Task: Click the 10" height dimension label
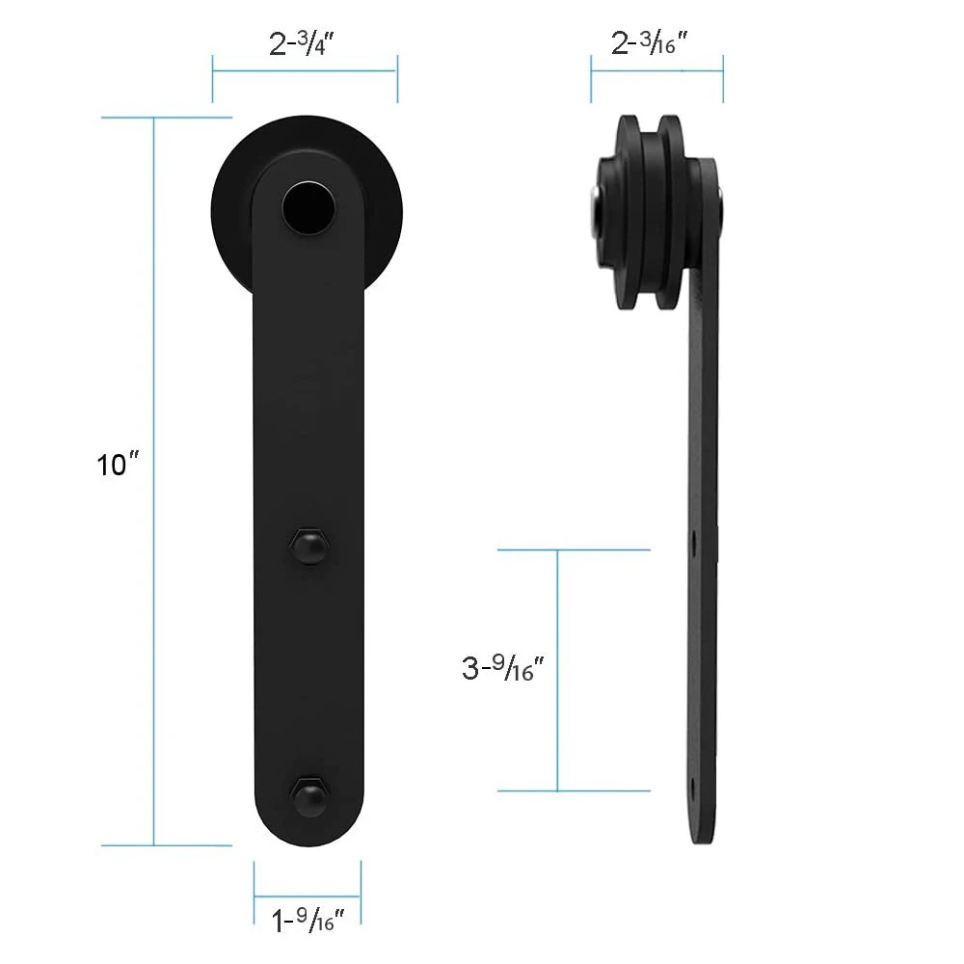click(118, 465)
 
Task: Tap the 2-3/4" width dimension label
click(301, 43)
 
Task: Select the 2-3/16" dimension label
click(649, 42)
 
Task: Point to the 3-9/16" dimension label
click(503, 668)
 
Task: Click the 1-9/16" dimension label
click(308, 920)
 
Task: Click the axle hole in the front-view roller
click(309, 208)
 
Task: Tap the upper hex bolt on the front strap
click(308, 546)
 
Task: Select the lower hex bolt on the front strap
click(309, 797)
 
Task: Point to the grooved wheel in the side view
click(652, 212)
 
